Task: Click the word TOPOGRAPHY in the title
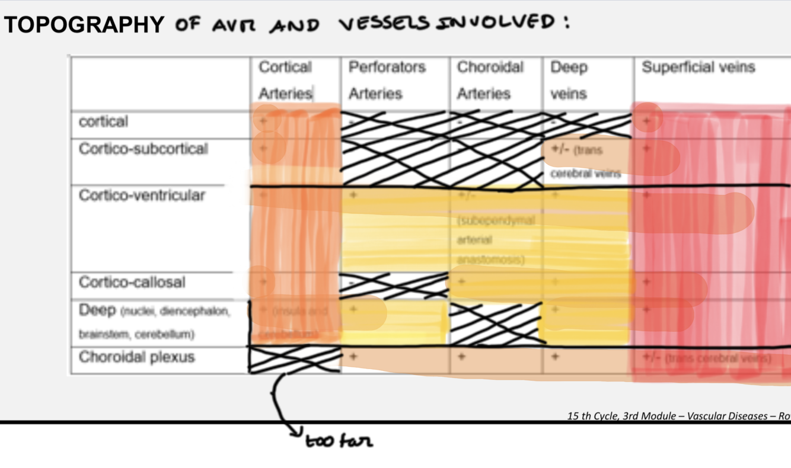pyautogui.click(x=84, y=24)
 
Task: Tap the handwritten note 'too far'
pyautogui.click(x=340, y=441)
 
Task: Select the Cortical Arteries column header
pyautogui.click(x=286, y=80)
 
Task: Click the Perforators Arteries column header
pyautogui.click(x=387, y=80)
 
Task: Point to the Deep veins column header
pyautogui.click(x=569, y=80)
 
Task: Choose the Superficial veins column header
pyautogui.click(x=698, y=68)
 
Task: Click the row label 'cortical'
pyautogui.click(x=103, y=122)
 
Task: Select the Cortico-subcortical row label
pyautogui.click(x=143, y=149)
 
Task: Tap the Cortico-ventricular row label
pyautogui.click(x=142, y=195)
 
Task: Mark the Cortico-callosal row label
pyautogui.click(x=132, y=282)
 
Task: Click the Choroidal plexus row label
pyautogui.click(x=136, y=358)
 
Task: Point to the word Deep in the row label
pyautogui.click(x=97, y=310)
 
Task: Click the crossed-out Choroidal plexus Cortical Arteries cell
pyautogui.click(x=295, y=360)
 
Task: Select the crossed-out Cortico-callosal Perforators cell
pyautogui.click(x=393, y=285)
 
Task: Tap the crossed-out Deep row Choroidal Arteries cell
pyautogui.click(x=496, y=323)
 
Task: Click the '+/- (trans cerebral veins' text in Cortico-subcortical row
pyautogui.click(x=585, y=161)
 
